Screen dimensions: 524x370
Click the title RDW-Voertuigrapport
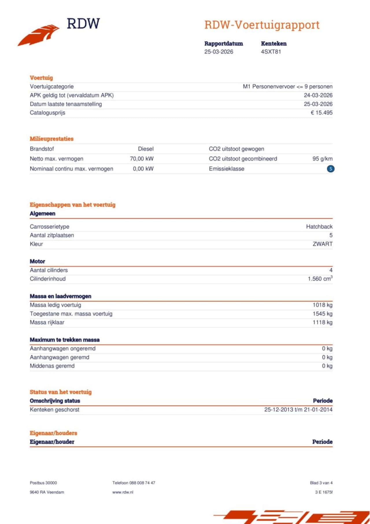(x=262, y=25)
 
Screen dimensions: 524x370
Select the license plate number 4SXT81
(x=271, y=52)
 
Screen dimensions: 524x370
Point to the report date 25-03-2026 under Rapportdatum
(x=219, y=52)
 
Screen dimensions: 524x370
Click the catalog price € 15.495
(x=321, y=113)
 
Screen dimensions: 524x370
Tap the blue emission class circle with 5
(x=331, y=169)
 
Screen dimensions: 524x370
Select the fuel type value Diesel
(x=146, y=149)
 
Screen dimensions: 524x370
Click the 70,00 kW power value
(x=142, y=159)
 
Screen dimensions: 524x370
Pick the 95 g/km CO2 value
(x=322, y=159)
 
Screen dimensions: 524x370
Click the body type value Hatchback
(x=319, y=227)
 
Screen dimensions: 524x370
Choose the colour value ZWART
(x=322, y=244)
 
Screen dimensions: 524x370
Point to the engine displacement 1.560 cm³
(x=320, y=279)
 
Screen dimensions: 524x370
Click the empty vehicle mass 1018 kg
(x=322, y=305)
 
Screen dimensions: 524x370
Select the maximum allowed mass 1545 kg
(x=322, y=314)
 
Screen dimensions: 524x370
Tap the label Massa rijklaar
(x=47, y=322)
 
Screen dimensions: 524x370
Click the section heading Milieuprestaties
(x=52, y=139)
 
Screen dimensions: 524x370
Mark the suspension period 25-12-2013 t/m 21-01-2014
(x=298, y=410)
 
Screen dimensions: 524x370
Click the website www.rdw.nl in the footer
(x=123, y=492)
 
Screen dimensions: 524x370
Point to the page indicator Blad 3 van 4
(x=321, y=483)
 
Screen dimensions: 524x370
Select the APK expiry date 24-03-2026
(x=318, y=95)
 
